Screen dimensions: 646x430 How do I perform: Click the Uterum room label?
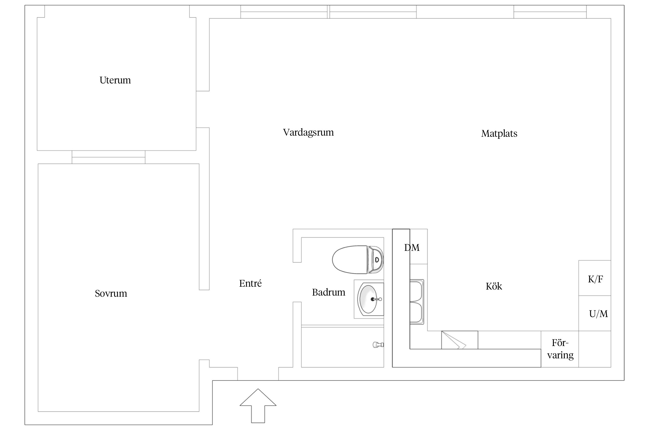pos(115,80)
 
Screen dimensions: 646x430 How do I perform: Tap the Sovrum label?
pos(111,293)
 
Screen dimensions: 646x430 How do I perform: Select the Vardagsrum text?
pos(308,132)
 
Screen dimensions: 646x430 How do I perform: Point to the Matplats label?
pos(499,134)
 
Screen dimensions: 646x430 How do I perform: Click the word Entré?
pos(250,283)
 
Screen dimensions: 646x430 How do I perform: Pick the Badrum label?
pos(328,292)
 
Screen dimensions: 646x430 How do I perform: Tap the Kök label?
pos(494,286)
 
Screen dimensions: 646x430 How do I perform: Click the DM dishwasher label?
pos(412,247)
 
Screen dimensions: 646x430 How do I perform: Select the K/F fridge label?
pos(595,279)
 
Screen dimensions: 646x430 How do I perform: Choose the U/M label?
pos(598,314)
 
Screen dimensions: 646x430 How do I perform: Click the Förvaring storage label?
pos(560,349)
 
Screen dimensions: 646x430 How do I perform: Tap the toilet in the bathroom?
pos(358,259)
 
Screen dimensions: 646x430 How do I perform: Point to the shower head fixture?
pos(378,345)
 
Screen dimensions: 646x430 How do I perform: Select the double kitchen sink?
pos(417,302)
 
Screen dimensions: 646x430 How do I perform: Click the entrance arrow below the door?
pos(258,406)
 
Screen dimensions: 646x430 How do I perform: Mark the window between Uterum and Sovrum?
pos(109,157)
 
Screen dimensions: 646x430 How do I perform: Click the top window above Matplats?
pos(550,12)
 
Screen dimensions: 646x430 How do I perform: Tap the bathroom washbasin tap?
pos(376,299)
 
